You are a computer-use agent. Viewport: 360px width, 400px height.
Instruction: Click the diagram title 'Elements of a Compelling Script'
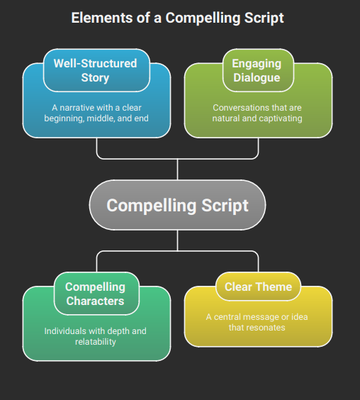(x=177, y=18)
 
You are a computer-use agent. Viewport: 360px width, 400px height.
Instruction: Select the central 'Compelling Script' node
(x=177, y=206)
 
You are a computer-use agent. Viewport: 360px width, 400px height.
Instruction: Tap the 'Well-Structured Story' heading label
(x=95, y=70)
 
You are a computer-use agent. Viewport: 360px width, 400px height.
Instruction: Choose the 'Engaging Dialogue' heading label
(x=257, y=70)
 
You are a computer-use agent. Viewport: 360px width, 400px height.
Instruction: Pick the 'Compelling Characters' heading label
(x=95, y=294)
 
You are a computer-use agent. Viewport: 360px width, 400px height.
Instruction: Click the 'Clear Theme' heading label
(x=258, y=287)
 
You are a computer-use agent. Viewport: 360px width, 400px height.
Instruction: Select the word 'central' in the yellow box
(x=231, y=317)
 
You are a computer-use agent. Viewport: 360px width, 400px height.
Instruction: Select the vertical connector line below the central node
(x=177, y=240)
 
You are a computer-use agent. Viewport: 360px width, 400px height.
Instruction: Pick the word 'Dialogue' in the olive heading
(x=257, y=77)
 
